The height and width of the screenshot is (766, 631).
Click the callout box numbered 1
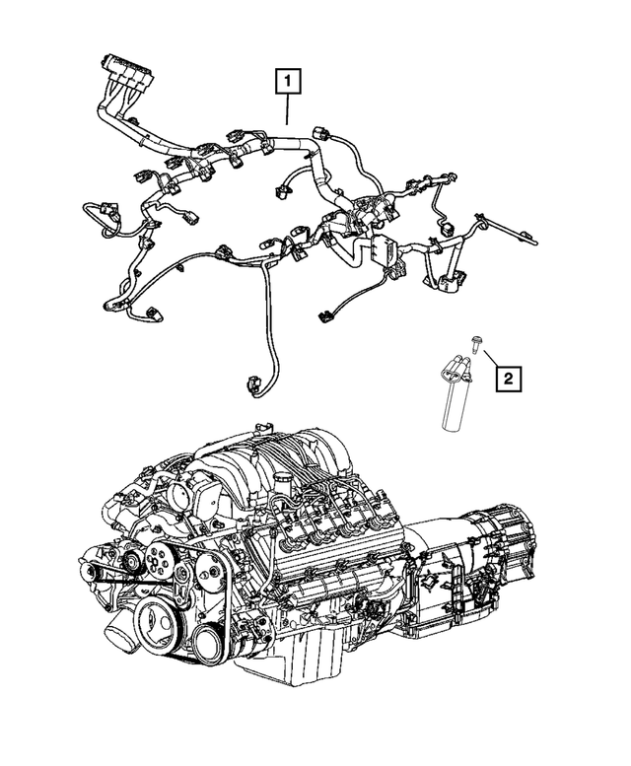tap(287, 78)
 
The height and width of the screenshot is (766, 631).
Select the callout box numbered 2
tap(507, 376)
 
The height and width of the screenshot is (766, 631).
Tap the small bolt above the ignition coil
tap(476, 343)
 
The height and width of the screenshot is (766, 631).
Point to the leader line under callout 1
tap(287, 107)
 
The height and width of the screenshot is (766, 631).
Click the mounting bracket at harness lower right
tap(443, 282)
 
